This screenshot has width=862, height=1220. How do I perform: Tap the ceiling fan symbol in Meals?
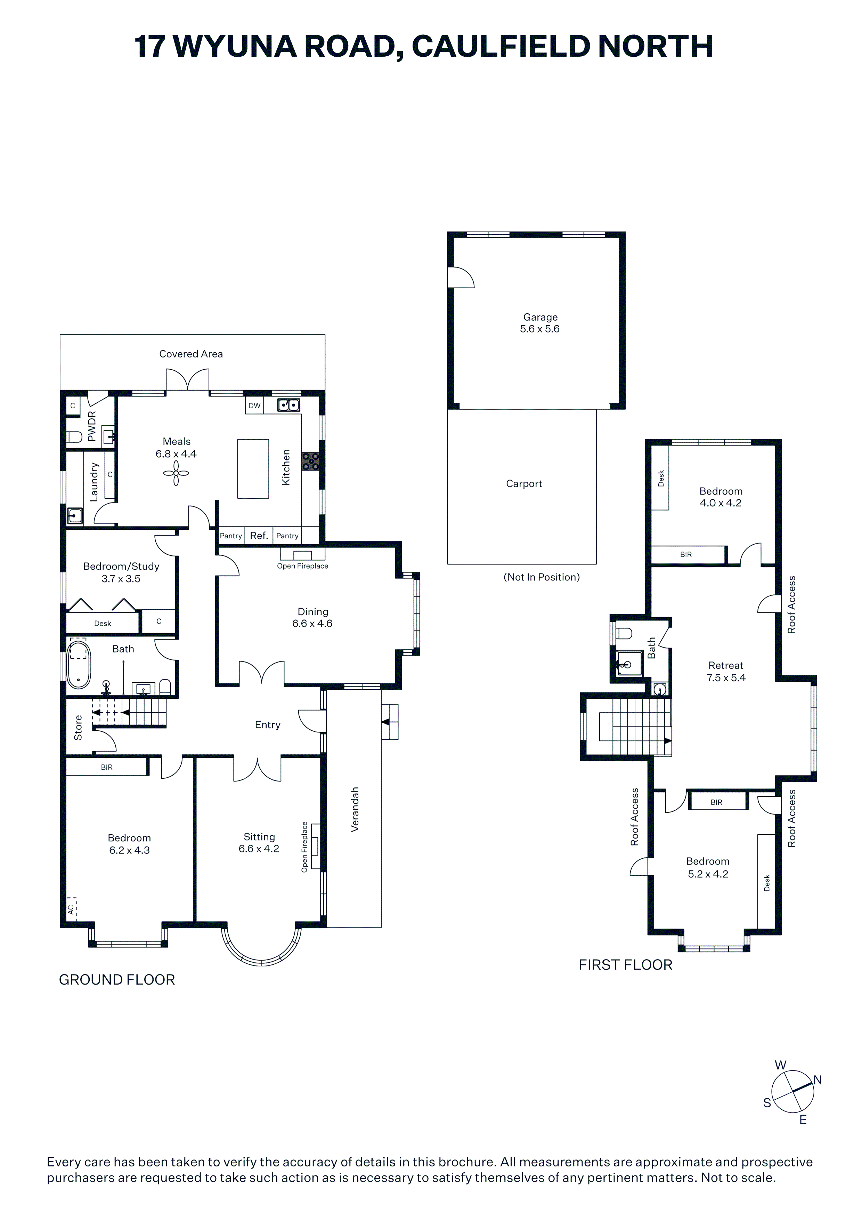pos(176,473)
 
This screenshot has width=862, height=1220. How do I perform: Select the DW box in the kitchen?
pos(254,406)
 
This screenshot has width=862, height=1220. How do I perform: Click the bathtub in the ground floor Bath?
pos(79,665)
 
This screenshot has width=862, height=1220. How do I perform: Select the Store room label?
pos(78,728)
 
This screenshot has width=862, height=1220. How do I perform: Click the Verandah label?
pos(355,809)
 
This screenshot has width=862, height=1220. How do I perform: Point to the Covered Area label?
pos(191,354)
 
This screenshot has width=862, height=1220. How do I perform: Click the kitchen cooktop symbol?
pos(311,461)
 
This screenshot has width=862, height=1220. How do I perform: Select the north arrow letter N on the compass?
pos(818,1080)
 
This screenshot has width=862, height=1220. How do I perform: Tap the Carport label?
pos(524,483)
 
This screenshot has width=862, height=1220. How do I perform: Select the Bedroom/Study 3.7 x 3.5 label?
pos(121,572)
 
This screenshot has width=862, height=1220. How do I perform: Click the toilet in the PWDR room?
pos(75,437)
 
